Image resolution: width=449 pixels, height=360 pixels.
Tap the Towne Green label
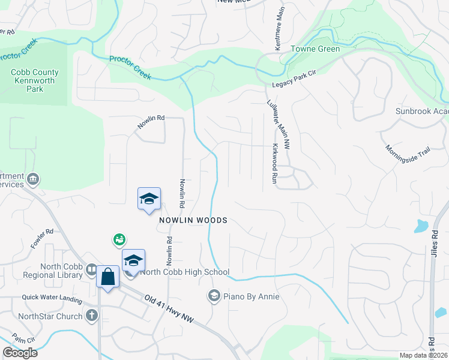315,49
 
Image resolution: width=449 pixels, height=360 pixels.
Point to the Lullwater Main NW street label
278,125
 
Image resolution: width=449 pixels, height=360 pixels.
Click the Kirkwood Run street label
275,163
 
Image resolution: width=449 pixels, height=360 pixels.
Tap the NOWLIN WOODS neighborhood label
193,220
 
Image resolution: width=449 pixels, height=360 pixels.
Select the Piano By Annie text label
252,296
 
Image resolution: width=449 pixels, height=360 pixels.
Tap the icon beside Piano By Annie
214,296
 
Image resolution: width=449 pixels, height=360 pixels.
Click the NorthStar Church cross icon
92,314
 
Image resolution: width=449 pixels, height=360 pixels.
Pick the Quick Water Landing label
52,297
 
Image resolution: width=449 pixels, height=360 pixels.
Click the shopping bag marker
108,277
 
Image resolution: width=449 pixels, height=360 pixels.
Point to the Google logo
20,353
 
